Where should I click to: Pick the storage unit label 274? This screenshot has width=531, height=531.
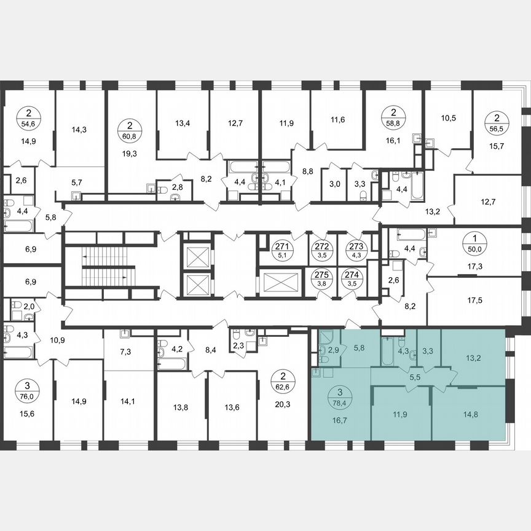coord(351,280)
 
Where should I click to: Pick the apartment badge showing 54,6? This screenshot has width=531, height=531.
coord(29,117)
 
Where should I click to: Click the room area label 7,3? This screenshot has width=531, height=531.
coord(126,353)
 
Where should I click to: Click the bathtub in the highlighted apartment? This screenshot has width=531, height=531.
coord(390,350)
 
